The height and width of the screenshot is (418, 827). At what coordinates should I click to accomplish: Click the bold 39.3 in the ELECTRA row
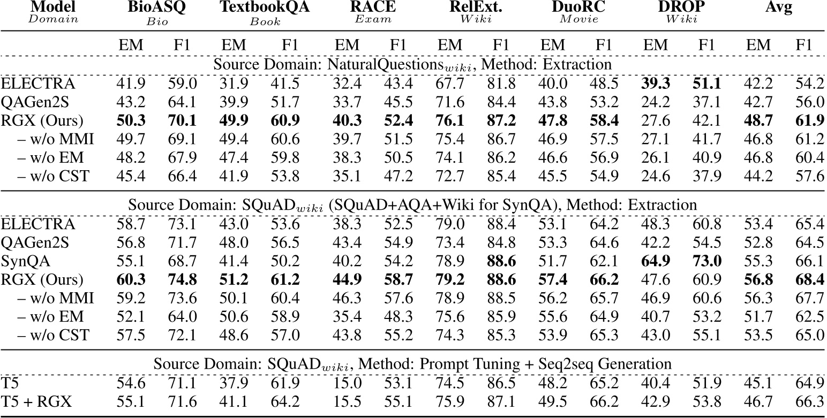652,83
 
